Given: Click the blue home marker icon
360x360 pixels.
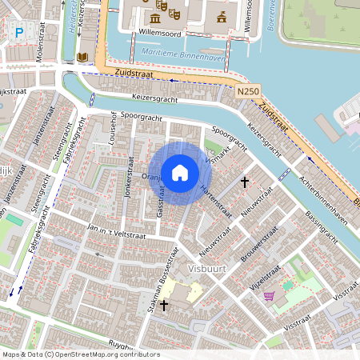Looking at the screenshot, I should coord(180,172).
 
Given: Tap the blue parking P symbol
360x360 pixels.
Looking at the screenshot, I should coord(18,33).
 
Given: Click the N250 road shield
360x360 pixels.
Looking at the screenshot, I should coord(248,94).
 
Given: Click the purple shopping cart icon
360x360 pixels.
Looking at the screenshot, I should coord(270,295).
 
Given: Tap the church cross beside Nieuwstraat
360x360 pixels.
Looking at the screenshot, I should coord(244,182).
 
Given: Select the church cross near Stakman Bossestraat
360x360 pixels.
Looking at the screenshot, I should coord(164,305).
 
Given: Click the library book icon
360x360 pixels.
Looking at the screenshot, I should coord(82,58).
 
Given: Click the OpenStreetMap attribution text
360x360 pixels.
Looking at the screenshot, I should coord(80,354).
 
